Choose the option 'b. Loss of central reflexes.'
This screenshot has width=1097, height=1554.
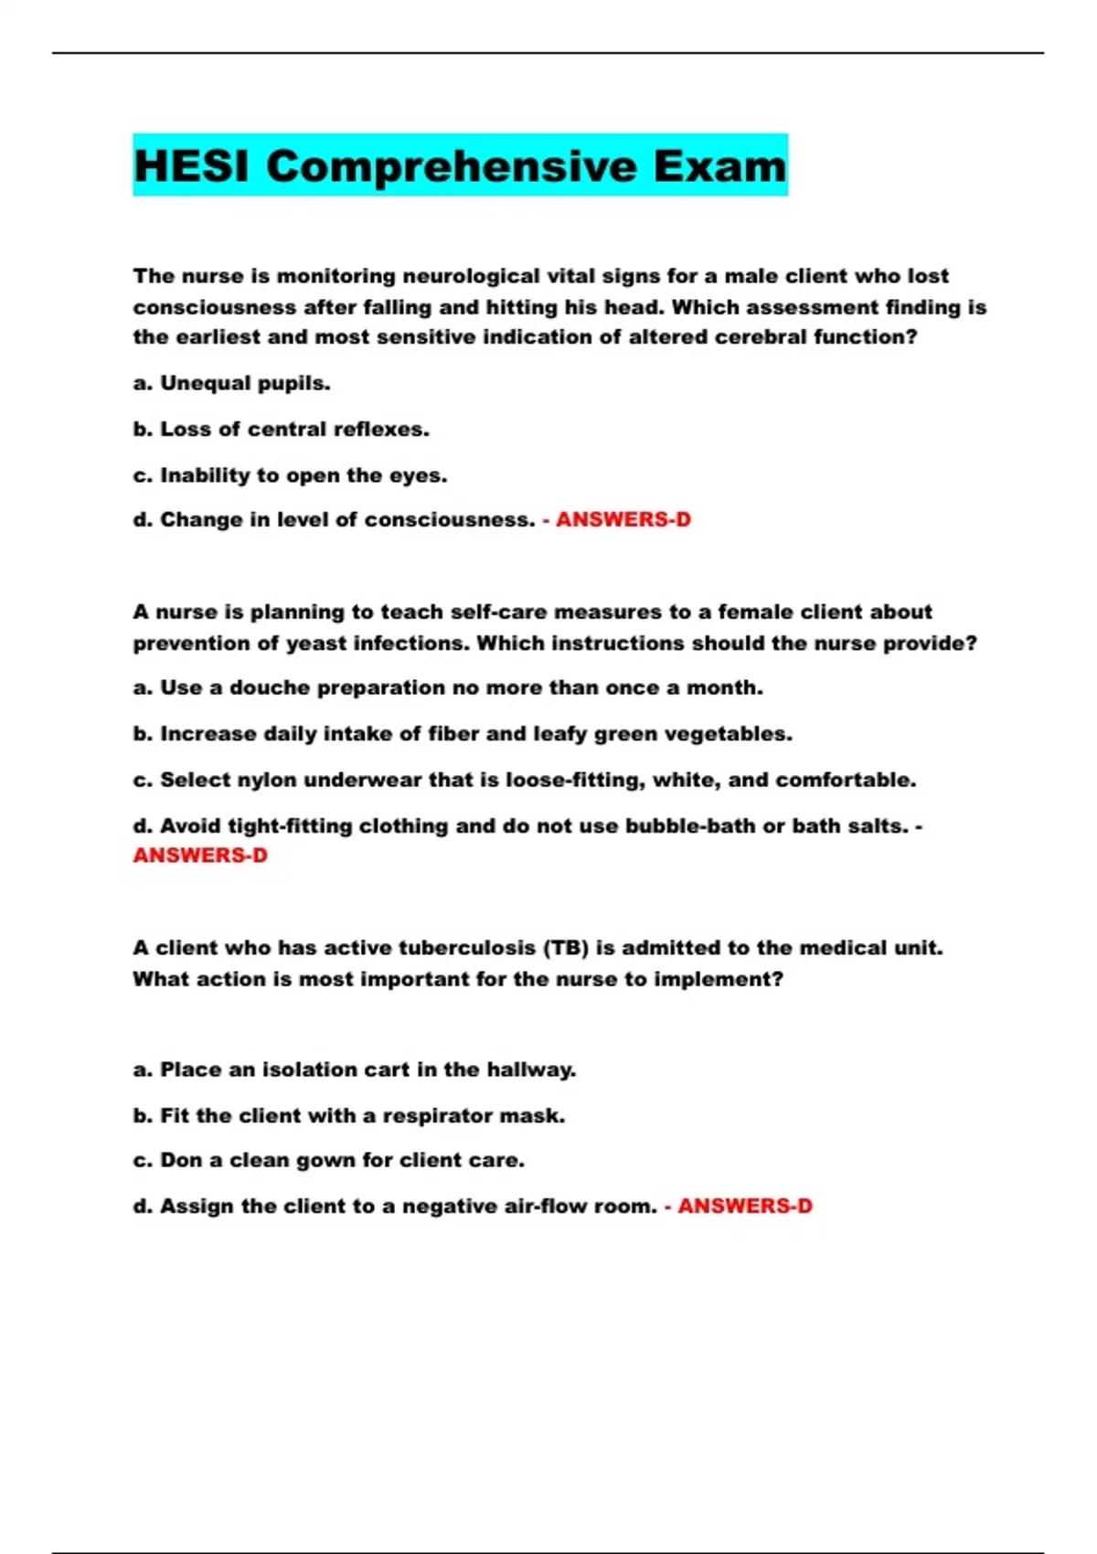[x=281, y=430]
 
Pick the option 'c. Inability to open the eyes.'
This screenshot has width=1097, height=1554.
[x=290, y=475]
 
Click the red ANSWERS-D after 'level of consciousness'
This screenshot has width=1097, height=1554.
[x=623, y=520]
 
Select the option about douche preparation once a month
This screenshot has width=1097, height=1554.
[x=448, y=688]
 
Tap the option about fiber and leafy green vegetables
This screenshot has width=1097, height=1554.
[x=463, y=734]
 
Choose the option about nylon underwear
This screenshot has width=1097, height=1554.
[x=524, y=781]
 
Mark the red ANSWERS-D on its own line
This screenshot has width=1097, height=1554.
[x=200, y=856]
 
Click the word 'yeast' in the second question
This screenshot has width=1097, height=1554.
[x=316, y=644]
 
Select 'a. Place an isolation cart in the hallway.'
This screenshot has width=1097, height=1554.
[x=354, y=1070]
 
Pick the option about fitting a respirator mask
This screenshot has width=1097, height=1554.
[x=348, y=1116]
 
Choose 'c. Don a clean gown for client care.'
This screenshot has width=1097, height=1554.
[x=328, y=1161]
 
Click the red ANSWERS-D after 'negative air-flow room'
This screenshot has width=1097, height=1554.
[x=744, y=1207]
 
